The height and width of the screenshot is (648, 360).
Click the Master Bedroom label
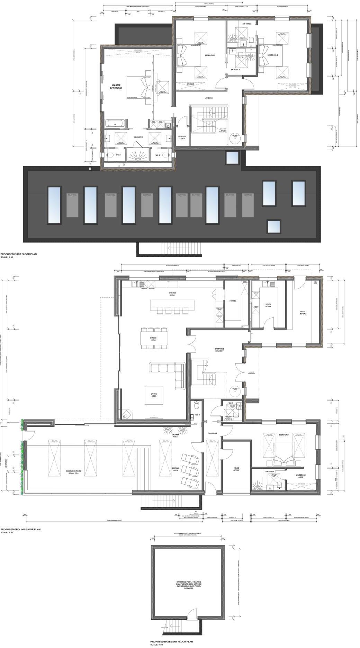click(x=116, y=87)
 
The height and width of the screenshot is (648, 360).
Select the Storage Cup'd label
click(x=182, y=137)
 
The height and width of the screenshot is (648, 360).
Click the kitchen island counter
click(x=172, y=304)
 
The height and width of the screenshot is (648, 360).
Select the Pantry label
click(x=233, y=301)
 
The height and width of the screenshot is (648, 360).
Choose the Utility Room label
click(x=268, y=305)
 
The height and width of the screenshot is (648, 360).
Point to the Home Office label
click(x=236, y=469)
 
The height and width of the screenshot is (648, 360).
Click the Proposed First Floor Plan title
click(x=18, y=254)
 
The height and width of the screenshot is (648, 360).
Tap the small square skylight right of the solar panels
click(x=273, y=227)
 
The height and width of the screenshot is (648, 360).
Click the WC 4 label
click(x=197, y=415)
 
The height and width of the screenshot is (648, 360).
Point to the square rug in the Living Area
click(x=154, y=395)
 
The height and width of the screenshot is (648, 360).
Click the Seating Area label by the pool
click(x=175, y=469)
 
